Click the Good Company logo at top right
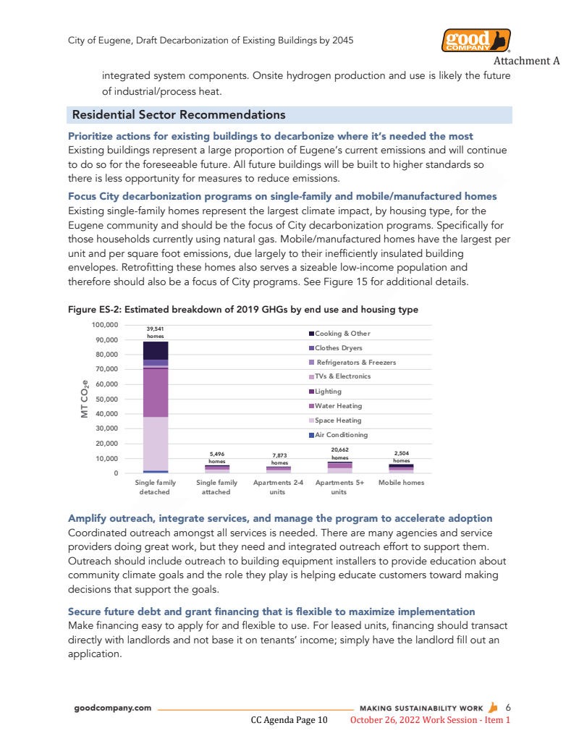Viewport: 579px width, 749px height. click(476, 41)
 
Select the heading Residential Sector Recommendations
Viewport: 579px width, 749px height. click(178, 115)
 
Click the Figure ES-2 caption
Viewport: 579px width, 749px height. click(242, 310)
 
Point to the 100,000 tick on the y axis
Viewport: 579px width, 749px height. click(106, 325)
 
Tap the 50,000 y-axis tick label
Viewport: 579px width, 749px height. click(107, 399)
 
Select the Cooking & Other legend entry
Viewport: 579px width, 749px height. click(342, 334)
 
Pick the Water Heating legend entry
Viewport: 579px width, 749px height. click(338, 406)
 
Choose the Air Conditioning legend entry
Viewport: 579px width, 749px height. click(341, 435)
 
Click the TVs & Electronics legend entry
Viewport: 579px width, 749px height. click(342, 376)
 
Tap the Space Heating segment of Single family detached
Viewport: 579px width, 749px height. click(156, 443)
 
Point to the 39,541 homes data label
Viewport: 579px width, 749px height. click(156, 332)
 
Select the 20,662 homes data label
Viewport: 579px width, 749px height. click(339, 454)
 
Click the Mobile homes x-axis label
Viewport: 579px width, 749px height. click(402, 483)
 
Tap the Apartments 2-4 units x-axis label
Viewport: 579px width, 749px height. click(277, 487)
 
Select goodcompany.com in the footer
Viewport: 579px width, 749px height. click(113, 708)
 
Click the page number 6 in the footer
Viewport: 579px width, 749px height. click(508, 707)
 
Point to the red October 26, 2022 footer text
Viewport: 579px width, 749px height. click(430, 720)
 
